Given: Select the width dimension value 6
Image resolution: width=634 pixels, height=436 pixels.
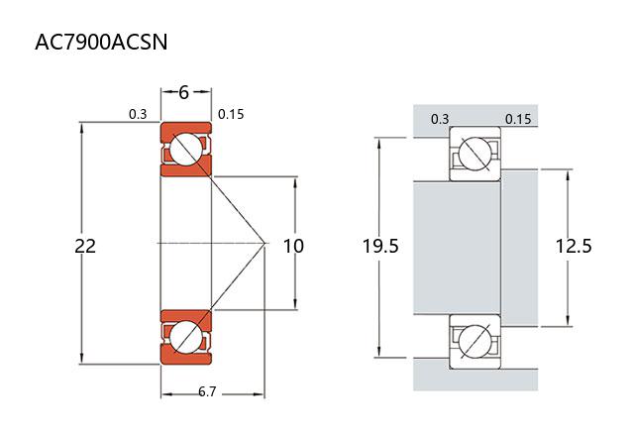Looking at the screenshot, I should point(184,92).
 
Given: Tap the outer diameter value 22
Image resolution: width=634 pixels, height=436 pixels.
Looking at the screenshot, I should point(85,246).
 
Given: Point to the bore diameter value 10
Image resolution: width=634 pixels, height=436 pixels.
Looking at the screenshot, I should point(293,246).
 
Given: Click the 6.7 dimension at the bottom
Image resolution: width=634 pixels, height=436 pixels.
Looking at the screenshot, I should point(208,392).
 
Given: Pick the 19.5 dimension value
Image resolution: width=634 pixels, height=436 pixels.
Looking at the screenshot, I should point(380,246).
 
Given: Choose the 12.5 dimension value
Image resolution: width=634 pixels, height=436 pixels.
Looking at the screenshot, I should point(574,246).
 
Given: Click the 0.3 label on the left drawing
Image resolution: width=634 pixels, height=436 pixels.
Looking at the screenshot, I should point(138,114).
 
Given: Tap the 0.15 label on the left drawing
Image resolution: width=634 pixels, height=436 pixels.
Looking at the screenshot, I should point(231,114).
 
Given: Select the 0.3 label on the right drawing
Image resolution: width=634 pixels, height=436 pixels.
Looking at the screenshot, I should point(440,119).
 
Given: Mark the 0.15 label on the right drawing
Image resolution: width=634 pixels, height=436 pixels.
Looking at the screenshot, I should point(518,119).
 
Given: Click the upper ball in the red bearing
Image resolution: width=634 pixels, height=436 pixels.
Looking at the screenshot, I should point(185,151).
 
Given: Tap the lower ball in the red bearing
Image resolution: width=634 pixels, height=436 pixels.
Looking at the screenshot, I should point(185,337).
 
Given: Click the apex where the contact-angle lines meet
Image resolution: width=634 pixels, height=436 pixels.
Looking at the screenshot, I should point(265,243).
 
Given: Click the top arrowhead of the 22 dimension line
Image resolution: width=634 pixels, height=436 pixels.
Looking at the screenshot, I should point(82,126).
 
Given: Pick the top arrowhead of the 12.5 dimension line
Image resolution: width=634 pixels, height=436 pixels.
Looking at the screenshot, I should point(568,171).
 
